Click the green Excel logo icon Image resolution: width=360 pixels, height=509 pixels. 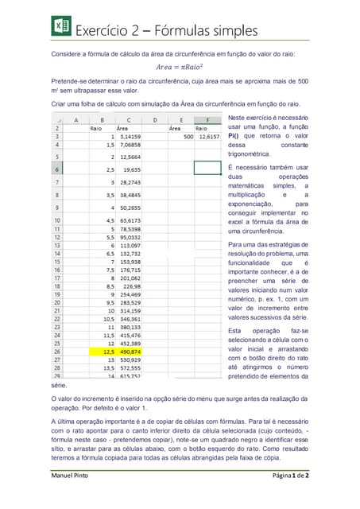(61, 29)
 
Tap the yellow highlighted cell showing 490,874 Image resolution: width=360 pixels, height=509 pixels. (127, 351)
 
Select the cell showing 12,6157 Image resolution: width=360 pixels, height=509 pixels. (207, 137)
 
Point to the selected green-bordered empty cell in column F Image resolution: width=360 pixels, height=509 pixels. (207, 169)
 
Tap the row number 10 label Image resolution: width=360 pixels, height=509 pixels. (57, 220)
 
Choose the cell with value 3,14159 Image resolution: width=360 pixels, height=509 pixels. (128, 137)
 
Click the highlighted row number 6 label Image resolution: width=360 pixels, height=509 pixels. (57, 169)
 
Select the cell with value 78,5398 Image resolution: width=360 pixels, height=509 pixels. (128, 228)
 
